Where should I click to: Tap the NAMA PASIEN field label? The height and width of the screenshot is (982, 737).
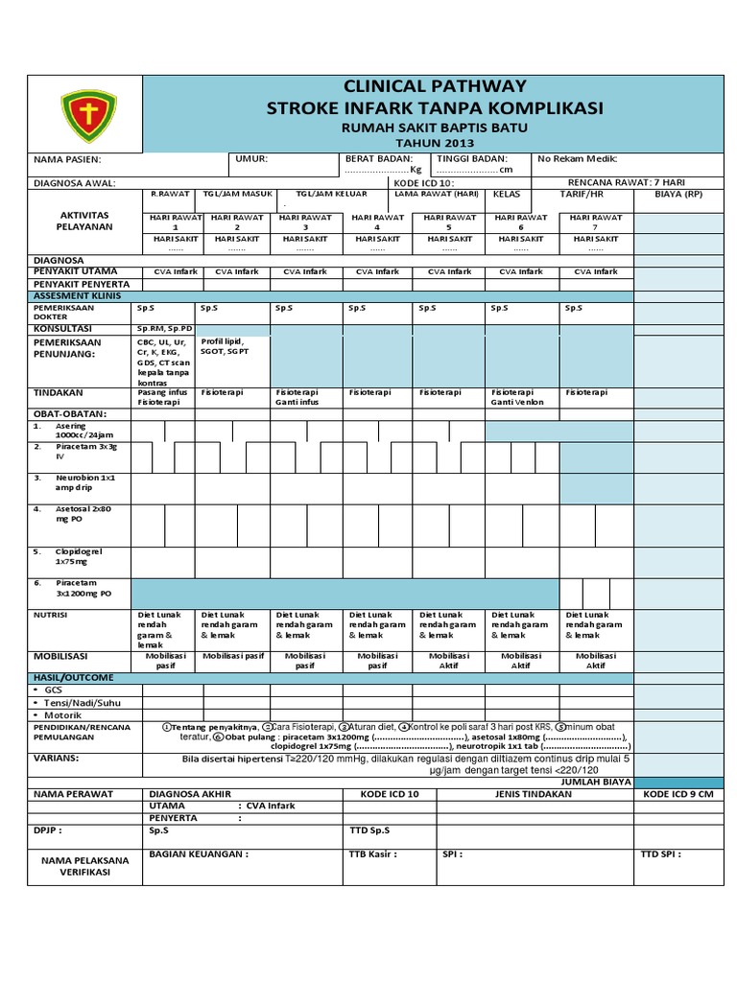click(67, 159)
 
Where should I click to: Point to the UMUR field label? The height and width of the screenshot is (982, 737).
click(251, 158)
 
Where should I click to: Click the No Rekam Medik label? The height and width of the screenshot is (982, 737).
click(577, 158)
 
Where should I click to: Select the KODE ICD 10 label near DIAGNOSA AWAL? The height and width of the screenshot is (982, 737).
click(423, 182)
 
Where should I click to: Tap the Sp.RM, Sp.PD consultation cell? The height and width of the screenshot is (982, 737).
click(165, 328)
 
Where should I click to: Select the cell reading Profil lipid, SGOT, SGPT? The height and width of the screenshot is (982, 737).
click(223, 346)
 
